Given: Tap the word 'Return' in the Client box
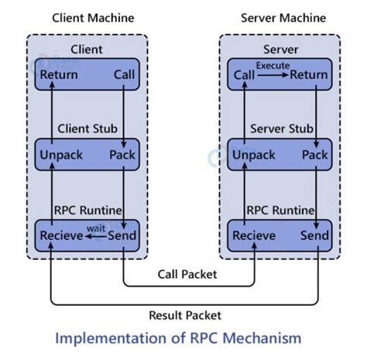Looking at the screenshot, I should pyautogui.click(x=58, y=75).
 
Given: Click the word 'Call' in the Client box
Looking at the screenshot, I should pyautogui.click(x=124, y=75).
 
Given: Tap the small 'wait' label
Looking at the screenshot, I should pyautogui.click(x=95, y=228).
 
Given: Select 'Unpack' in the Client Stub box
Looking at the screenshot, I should pyautogui.click(x=60, y=155).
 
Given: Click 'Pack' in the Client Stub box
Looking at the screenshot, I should pyautogui.click(x=122, y=155).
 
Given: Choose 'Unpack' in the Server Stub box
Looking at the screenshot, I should pyautogui.click(x=252, y=155).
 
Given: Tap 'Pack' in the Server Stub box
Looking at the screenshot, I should pyautogui.click(x=314, y=155).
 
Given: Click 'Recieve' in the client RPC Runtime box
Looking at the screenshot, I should pyautogui.click(x=61, y=235).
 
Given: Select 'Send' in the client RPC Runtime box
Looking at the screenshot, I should pyautogui.click(x=122, y=235).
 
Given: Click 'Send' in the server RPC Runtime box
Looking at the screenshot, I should pyautogui.click(x=314, y=235).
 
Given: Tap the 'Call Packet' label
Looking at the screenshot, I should pyautogui.click(x=187, y=274).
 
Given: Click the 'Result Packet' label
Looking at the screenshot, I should pyautogui.click(x=186, y=314).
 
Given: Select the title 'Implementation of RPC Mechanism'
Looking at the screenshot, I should pyautogui.click(x=183, y=339).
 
